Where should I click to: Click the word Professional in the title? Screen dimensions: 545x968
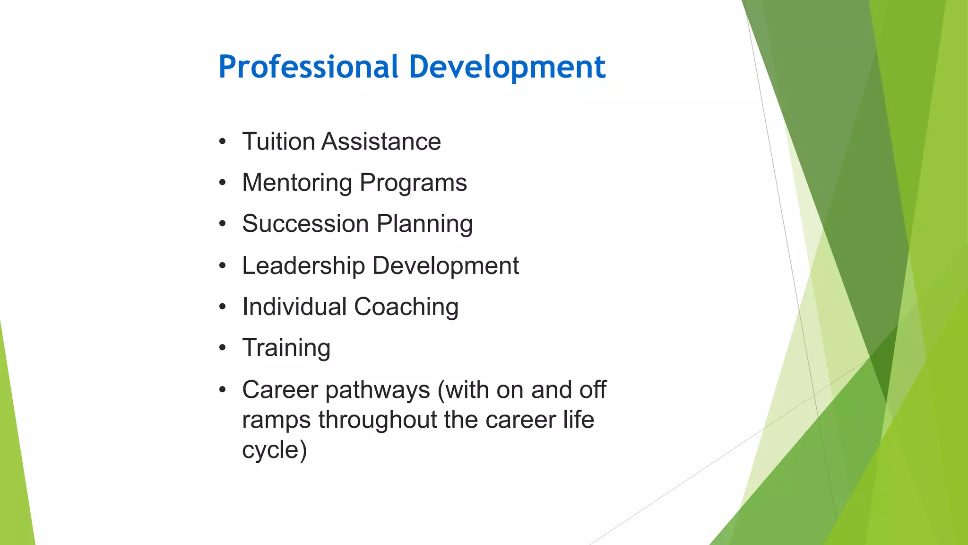pyautogui.click(x=309, y=67)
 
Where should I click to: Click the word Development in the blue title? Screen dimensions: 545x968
pyautogui.click(x=507, y=67)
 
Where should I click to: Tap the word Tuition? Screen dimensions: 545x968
pyautogui.click(x=278, y=141)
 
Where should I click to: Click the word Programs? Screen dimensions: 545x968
pyautogui.click(x=413, y=184)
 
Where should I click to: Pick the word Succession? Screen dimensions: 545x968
pyautogui.click(x=305, y=224)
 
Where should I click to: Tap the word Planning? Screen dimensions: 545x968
pyautogui.click(x=424, y=225)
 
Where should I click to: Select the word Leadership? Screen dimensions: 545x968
pyautogui.click(x=303, y=265)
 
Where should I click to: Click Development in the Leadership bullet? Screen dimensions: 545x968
pyautogui.click(x=446, y=266)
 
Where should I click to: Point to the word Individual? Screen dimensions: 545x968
pyautogui.click(x=294, y=307)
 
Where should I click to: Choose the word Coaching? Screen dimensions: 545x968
pyautogui.click(x=406, y=308)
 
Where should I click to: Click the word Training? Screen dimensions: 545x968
pyautogui.click(x=286, y=348)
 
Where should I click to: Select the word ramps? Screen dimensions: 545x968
pyautogui.click(x=276, y=420)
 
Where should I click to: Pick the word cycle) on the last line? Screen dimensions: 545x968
pyautogui.click(x=274, y=449)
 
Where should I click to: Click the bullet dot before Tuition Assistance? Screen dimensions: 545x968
pyautogui.click(x=223, y=141)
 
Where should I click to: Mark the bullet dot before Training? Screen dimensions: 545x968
pyautogui.click(x=223, y=348)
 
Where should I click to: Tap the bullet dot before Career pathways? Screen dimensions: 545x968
pyautogui.click(x=223, y=390)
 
